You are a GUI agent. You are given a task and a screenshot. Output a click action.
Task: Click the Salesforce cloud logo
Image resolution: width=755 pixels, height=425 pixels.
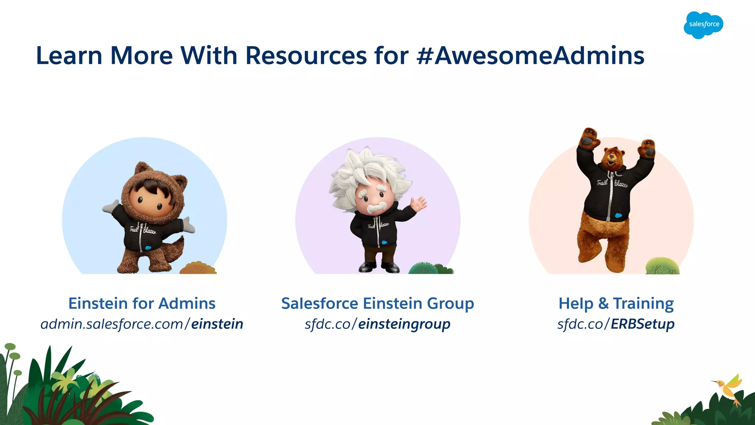[703, 25]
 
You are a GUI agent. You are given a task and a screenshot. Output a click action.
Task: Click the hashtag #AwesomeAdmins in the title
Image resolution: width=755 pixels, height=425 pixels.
[530, 56]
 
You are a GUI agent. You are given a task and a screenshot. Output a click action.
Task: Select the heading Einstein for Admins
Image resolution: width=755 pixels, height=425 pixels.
[142, 303]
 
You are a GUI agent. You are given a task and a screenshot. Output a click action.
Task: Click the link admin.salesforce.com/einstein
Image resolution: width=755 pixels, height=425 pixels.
[142, 324]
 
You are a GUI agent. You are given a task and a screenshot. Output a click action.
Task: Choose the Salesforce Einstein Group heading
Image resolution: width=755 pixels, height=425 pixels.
[377, 303]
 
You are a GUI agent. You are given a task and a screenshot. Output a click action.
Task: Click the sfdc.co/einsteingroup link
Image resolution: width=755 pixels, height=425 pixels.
[377, 324]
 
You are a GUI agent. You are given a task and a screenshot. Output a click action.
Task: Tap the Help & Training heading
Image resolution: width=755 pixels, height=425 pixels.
[616, 303]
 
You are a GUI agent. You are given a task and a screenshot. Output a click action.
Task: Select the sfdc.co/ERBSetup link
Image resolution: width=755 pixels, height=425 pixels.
[616, 324]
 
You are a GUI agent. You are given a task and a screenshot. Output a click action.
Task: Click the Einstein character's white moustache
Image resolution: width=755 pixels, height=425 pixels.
[376, 208]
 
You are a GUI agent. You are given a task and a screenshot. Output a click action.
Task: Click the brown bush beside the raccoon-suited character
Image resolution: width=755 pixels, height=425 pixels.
[198, 268]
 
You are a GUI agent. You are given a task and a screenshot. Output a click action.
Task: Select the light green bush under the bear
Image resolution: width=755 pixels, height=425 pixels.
[662, 266]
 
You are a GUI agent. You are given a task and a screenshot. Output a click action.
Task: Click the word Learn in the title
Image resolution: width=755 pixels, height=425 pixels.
[69, 56]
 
